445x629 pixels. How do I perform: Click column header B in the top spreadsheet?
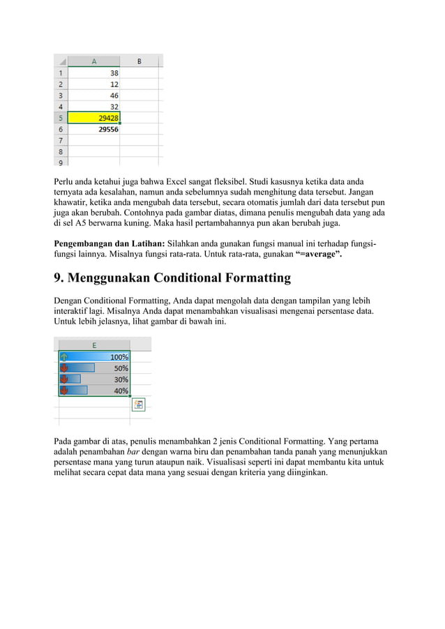139,61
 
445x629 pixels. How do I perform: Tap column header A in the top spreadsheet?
94,61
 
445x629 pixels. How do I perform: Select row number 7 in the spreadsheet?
61,140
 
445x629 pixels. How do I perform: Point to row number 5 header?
61,117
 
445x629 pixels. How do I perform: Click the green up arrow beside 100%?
64,356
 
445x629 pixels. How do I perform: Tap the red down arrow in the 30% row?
64,379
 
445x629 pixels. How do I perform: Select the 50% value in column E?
121,367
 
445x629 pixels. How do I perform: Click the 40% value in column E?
121,390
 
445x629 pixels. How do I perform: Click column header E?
94,344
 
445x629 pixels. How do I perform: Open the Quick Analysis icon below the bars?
138,405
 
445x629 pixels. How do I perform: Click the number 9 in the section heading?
59,278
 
